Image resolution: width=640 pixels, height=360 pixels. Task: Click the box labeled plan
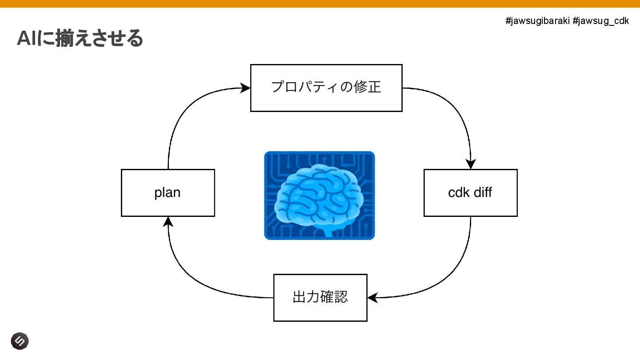[x=168, y=193]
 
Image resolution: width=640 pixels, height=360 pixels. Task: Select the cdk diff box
[x=470, y=193]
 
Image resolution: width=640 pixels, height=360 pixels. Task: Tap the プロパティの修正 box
[x=326, y=88]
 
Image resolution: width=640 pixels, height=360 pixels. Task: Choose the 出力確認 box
[x=320, y=297]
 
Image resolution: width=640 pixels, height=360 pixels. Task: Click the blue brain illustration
[x=319, y=196]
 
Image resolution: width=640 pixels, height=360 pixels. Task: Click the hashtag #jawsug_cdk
[x=600, y=21]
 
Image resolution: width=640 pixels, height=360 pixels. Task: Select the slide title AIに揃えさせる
[x=80, y=38]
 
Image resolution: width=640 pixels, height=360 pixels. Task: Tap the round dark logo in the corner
[x=20, y=341]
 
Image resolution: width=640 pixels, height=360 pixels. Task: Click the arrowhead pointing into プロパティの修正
[x=245, y=88]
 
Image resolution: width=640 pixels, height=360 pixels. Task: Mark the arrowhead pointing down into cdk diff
[x=470, y=164]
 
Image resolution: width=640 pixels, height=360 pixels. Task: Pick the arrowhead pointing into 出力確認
[x=373, y=297]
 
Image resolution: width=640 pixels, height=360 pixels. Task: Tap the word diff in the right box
[x=482, y=193]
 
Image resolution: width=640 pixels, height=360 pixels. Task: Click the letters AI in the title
[x=26, y=39]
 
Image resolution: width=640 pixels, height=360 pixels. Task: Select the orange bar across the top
[x=320, y=4]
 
